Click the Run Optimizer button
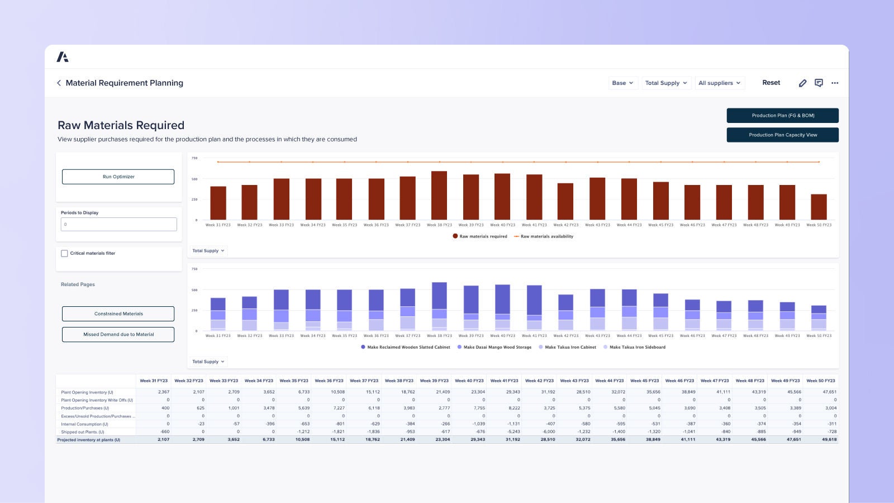point(118,177)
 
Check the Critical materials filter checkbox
point(64,253)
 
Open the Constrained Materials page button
point(118,314)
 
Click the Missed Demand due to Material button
point(118,334)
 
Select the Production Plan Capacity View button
point(782,135)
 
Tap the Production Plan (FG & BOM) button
point(782,116)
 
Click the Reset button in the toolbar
point(771,83)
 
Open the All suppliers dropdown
point(719,83)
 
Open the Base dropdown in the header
point(622,83)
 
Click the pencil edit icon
point(802,83)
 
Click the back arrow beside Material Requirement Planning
point(59,83)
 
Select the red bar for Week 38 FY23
point(439,196)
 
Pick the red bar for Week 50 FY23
point(819,207)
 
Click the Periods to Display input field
point(118,224)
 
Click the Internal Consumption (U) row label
point(85,424)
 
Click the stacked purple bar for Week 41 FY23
point(534,307)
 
